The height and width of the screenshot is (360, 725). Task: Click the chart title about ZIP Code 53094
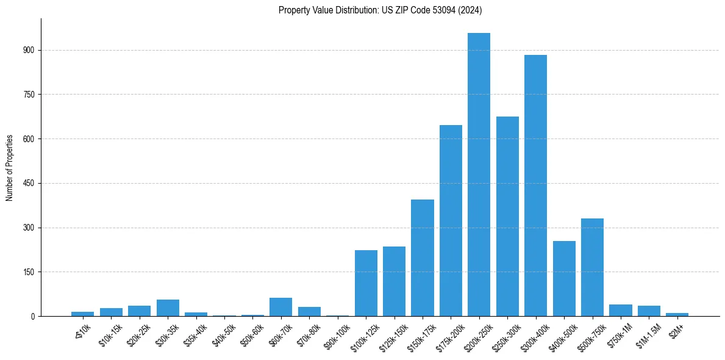[x=380, y=10]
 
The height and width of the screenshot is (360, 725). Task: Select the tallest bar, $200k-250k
[x=479, y=175]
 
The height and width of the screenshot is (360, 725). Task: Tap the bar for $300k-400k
[x=535, y=185]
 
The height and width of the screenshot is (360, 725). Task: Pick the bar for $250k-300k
[x=507, y=217]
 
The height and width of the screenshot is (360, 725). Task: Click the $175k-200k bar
[x=451, y=221]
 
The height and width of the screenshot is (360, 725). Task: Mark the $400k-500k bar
[x=564, y=279]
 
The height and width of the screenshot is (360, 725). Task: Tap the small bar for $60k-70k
[x=280, y=307]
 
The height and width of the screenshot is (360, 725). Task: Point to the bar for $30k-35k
[x=168, y=308]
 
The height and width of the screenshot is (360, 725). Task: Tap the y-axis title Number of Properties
[x=10, y=167]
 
